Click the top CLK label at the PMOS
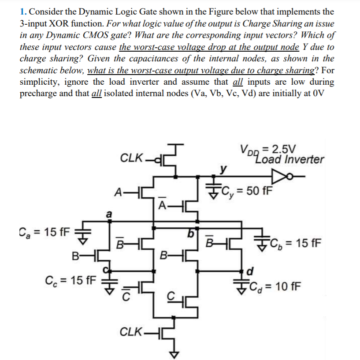click(131, 157)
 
